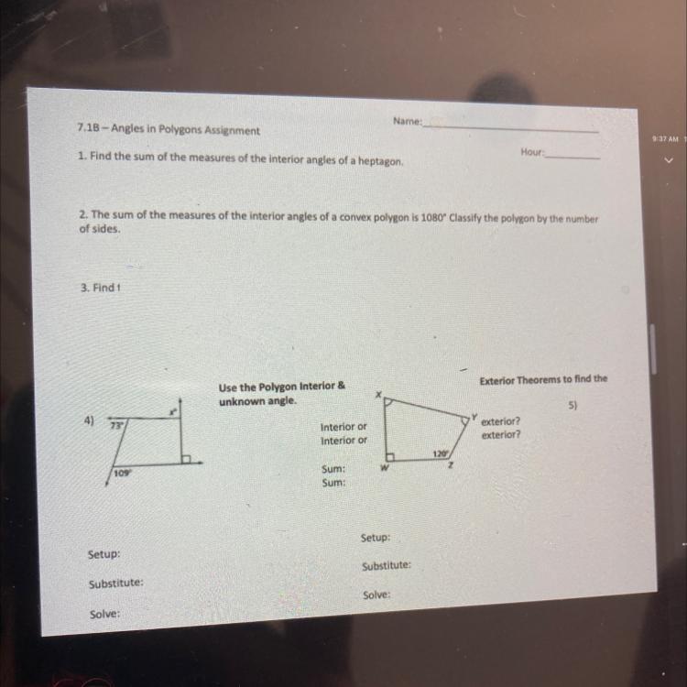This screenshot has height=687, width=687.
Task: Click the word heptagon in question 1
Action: [380, 161]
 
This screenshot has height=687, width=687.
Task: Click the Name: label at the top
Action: [407, 121]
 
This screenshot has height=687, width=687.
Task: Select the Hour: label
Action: [532, 152]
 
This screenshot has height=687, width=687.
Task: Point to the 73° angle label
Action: [116, 425]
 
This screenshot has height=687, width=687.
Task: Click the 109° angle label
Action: [123, 474]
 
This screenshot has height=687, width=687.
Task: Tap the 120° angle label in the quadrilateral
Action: [441, 454]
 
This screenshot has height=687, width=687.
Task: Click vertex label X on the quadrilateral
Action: [378, 394]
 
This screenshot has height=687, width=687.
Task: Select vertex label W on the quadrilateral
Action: [384, 468]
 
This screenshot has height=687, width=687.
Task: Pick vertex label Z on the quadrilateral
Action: [450, 465]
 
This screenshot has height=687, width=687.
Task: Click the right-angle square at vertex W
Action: [390, 457]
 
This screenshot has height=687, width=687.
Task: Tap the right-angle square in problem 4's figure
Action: [186, 459]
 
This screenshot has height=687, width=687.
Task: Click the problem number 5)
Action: [572, 405]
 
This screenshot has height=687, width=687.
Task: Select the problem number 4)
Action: [89, 420]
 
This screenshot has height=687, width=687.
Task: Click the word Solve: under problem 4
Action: [104, 615]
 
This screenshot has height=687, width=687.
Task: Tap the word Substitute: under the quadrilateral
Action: [387, 566]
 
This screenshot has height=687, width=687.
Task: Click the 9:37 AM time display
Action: [665, 139]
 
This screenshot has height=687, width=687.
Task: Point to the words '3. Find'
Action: [98, 288]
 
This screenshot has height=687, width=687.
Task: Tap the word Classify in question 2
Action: [466, 218]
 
